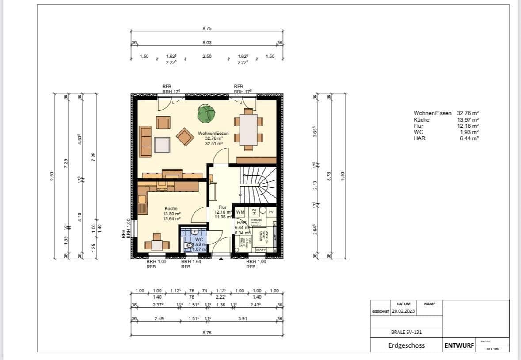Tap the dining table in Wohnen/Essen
pos(248,130)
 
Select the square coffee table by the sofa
pos(162,144)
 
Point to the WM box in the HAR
pos(240,212)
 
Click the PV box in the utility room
pos(271,212)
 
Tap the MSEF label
pos(261,250)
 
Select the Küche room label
pos(171,208)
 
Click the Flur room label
pos(222,207)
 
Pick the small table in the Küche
pos(157,244)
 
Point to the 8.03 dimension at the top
pos(207,43)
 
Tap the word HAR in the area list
pos(419,138)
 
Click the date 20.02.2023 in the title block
pos(403,311)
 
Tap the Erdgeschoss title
pos(406,345)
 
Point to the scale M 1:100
pos(493,349)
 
